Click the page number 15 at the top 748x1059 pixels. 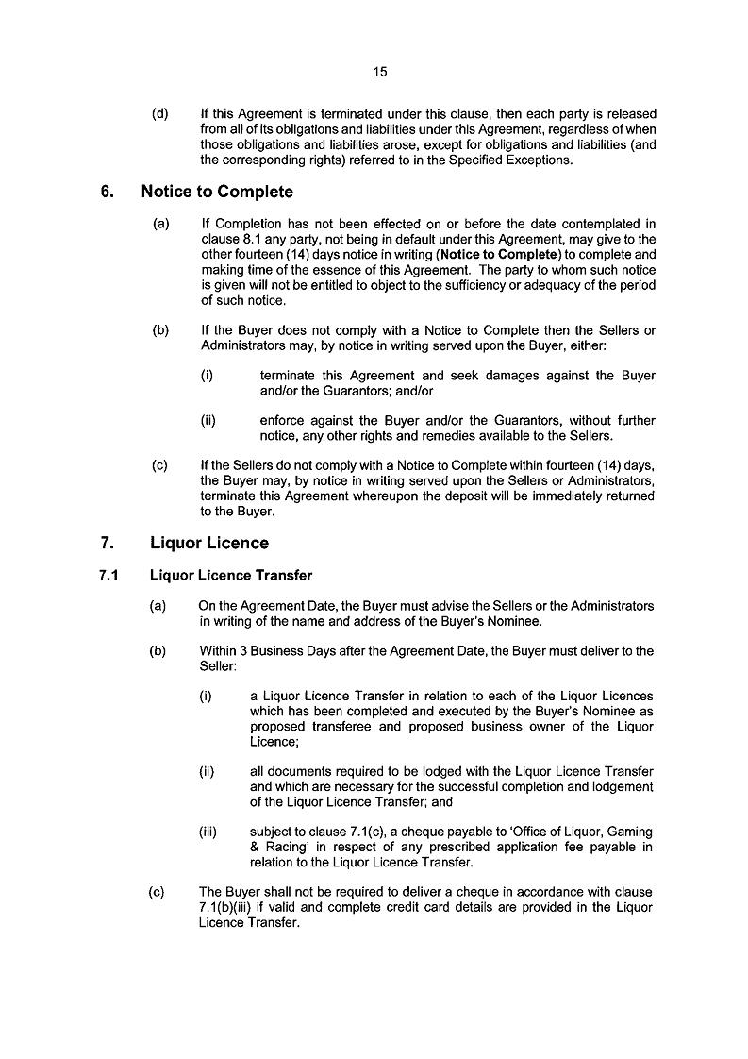tap(380, 71)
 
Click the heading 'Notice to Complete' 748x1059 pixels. tap(217, 193)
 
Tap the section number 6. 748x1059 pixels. tap(107, 193)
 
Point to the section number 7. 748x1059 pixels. tap(107, 544)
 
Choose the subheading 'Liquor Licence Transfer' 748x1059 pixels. tap(231, 576)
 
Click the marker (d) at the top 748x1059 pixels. tap(160, 114)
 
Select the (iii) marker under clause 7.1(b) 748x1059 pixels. tap(208, 832)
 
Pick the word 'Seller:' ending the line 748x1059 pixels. tap(218, 666)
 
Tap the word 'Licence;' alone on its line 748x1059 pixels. tap(274, 743)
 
